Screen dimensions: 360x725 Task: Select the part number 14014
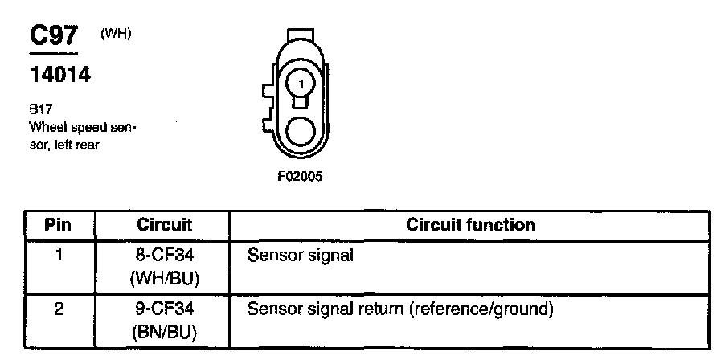click(59, 76)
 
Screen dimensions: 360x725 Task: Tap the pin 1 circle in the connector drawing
click(300, 82)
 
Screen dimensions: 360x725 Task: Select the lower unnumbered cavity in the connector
click(300, 132)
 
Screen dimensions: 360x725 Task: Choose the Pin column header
click(59, 224)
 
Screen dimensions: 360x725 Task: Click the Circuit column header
click(164, 224)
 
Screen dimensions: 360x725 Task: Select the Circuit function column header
click(470, 224)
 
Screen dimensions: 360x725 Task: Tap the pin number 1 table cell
click(59, 256)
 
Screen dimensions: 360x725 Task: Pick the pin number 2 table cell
click(59, 309)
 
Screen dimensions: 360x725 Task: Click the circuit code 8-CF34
click(164, 256)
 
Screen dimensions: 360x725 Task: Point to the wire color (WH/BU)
click(164, 277)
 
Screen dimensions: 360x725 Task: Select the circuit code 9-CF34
click(164, 309)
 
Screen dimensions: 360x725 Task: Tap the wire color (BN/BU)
click(164, 329)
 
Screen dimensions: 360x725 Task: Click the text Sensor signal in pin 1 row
click(301, 256)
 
